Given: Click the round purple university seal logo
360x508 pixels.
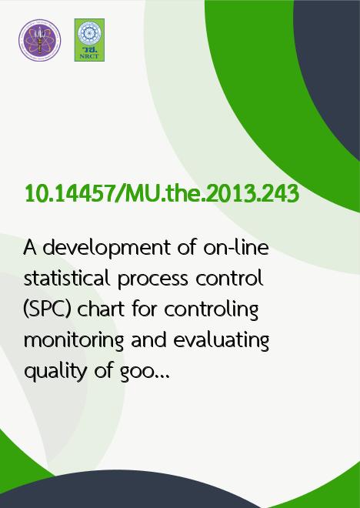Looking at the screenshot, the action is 39,40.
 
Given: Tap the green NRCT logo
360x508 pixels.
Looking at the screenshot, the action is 89,40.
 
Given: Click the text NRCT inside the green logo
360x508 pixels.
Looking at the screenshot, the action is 89,56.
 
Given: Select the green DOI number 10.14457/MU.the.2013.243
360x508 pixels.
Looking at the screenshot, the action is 162,194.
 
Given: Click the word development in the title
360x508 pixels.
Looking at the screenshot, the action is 107,249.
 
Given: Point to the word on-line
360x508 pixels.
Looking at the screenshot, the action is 236,248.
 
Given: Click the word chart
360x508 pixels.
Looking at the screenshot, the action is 101,309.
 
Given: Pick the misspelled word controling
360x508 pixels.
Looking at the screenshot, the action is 212,310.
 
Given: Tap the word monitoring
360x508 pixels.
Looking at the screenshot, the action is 74,341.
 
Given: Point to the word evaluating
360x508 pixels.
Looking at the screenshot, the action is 221,341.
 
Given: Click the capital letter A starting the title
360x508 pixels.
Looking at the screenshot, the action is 29,248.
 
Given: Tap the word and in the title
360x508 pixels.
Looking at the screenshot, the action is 148,340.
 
